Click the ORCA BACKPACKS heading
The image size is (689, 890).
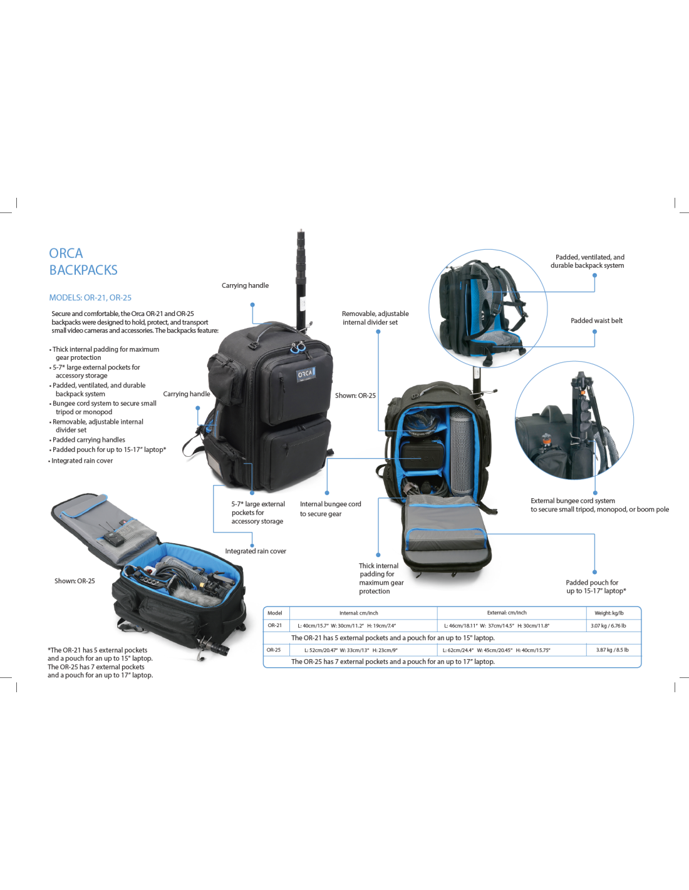83,262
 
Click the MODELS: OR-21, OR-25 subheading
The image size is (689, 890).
90,298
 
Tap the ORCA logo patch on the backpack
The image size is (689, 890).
305,374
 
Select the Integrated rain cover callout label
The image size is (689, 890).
256,551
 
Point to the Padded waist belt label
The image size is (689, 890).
596,321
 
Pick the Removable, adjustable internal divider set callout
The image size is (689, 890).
375,318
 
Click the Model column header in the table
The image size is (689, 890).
275,613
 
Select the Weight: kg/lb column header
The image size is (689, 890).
609,613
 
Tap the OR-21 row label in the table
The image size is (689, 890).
275,625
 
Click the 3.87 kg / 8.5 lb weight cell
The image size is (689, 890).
612,650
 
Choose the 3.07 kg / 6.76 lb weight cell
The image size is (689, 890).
608,625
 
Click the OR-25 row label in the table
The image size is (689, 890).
274,650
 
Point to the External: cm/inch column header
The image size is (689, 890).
507,613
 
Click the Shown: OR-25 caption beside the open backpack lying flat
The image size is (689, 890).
75,581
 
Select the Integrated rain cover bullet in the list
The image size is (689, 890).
82,461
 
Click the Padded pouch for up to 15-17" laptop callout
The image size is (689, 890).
596,586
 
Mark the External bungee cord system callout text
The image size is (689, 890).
599,505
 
